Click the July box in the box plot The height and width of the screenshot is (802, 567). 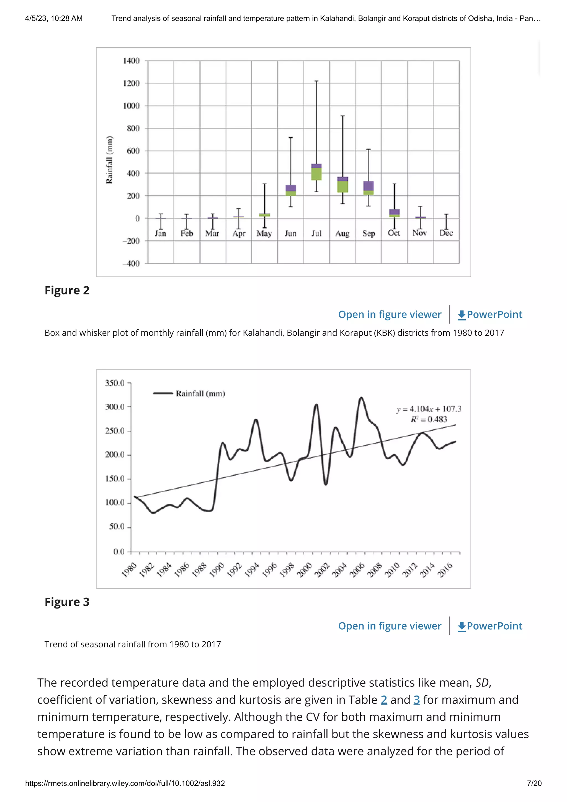pos(316,172)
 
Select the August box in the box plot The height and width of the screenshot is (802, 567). pos(342,185)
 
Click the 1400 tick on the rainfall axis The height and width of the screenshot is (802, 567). pos(131,60)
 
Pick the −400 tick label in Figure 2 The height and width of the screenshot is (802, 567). pos(131,263)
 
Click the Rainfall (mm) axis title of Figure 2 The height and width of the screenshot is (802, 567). pos(110,160)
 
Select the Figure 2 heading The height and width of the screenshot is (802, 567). pos(67,290)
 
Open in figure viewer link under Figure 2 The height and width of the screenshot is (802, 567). pos(389,314)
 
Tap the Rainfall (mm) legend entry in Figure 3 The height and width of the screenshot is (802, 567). pos(200,394)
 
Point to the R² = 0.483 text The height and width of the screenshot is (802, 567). pos(429,419)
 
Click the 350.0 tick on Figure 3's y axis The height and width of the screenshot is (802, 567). pos(115,383)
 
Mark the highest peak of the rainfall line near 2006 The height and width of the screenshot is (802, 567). pos(361,398)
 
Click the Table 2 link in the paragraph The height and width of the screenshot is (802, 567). pos(384,699)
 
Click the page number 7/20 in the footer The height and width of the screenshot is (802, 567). pos(534,783)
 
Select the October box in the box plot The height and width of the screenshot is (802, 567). pos(394,213)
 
